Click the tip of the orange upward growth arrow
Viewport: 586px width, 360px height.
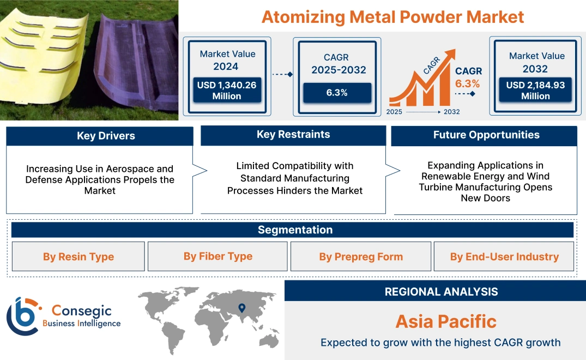pyautogui.click(x=456, y=50)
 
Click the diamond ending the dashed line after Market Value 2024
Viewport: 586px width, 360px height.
pyautogui.click(x=290, y=74)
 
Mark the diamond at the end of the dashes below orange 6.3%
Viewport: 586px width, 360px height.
pyautogui.click(x=473, y=93)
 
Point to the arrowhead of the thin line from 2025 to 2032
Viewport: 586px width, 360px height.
pyautogui.click(x=439, y=112)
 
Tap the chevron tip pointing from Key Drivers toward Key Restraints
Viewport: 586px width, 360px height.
pyautogui.click(x=207, y=171)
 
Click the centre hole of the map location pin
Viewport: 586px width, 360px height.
pyautogui.click(x=242, y=307)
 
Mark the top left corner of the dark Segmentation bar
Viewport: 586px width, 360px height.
pyautogui.click(x=11, y=223)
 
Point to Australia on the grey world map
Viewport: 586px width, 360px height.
pyautogui.click(x=269, y=340)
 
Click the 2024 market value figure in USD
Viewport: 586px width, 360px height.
pyautogui.click(x=227, y=91)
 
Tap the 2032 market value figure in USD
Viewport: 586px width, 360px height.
pyautogui.click(x=535, y=91)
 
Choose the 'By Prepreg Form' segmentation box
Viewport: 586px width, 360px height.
pyautogui.click(x=361, y=256)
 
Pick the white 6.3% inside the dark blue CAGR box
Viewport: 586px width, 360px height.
pyautogui.click(x=337, y=93)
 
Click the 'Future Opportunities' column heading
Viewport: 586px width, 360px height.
pyautogui.click(x=486, y=135)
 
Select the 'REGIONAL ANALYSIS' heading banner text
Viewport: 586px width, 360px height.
pyautogui.click(x=442, y=292)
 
